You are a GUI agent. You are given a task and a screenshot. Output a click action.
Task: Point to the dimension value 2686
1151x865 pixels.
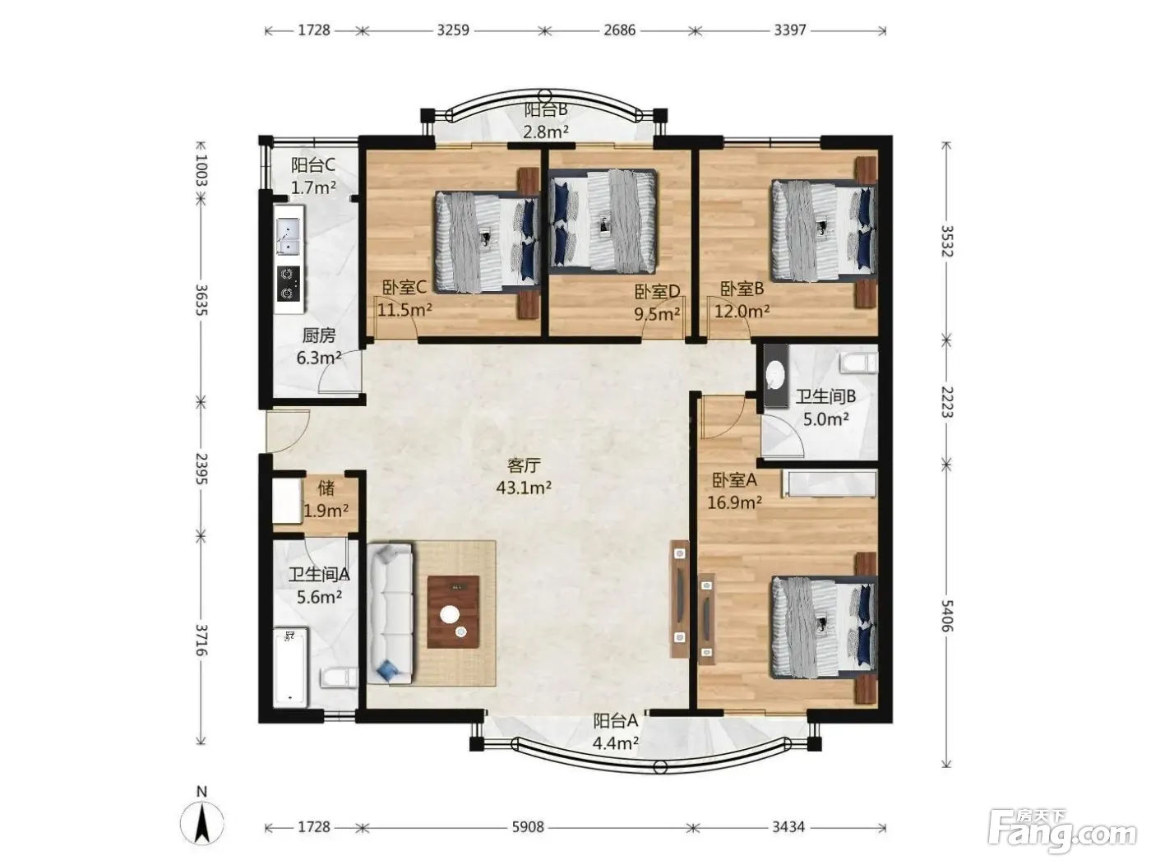619,30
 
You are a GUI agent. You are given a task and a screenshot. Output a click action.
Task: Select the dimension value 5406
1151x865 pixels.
946,616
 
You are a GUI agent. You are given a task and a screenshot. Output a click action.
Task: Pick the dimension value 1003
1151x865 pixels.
201,170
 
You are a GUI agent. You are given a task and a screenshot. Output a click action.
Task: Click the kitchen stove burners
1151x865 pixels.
289,284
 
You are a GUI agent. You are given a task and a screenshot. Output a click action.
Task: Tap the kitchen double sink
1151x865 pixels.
288,237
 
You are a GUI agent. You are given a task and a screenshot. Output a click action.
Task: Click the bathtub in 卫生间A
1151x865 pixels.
290,667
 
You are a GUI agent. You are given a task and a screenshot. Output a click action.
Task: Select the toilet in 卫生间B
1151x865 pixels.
858,363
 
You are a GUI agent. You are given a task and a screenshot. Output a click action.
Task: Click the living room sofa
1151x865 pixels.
391,613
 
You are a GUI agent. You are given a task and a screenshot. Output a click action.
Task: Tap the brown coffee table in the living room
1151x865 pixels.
453,612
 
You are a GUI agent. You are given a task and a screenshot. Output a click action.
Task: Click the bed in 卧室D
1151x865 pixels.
603,220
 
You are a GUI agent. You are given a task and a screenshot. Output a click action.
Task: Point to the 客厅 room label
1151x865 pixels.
524,465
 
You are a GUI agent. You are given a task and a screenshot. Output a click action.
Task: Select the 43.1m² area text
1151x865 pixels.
524,488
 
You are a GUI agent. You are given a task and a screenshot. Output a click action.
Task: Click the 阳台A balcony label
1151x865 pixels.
616,721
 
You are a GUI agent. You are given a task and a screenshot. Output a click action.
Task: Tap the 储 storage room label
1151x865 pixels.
326,488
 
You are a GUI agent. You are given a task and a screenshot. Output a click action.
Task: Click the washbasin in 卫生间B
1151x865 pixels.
775,376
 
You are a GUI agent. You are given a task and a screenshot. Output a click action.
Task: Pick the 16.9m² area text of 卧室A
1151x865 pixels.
734,502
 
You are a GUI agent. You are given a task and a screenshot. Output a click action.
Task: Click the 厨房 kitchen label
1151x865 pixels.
319,335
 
